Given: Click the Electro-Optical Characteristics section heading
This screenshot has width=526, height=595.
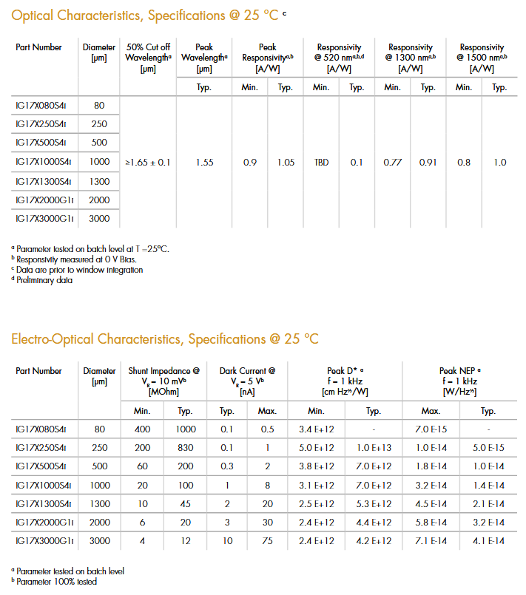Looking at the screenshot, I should (x=164, y=339).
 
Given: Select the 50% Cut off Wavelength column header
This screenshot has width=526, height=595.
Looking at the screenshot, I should (x=149, y=58).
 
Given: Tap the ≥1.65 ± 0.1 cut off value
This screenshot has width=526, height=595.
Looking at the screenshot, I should (x=148, y=162).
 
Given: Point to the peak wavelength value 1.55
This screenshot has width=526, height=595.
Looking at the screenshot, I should (x=205, y=162).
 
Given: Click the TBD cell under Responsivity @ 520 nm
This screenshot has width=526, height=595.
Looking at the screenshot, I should (x=321, y=162).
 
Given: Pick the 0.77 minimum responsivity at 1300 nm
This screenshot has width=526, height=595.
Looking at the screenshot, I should (x=392, y=162).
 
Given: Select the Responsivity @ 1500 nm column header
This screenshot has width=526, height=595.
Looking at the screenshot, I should (x=481, y=58).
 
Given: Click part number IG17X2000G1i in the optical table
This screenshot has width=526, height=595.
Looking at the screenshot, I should (x=44, y=200).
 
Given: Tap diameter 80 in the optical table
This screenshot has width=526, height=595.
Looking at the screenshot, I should (x=99, y=105).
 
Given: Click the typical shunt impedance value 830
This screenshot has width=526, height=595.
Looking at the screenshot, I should (x=186, y=448).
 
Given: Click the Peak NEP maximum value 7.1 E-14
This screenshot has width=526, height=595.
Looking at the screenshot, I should (x=430, y=541).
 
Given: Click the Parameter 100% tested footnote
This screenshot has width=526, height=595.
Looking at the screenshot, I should (x=54, y=582).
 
